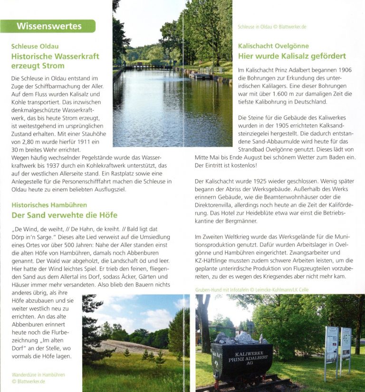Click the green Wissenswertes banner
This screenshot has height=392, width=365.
48,26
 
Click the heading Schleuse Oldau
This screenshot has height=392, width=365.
35,47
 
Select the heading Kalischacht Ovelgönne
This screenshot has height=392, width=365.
273,46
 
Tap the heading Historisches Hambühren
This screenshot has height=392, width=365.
49,205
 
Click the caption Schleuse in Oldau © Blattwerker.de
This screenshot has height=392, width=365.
272,27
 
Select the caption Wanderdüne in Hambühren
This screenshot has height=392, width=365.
38,375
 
